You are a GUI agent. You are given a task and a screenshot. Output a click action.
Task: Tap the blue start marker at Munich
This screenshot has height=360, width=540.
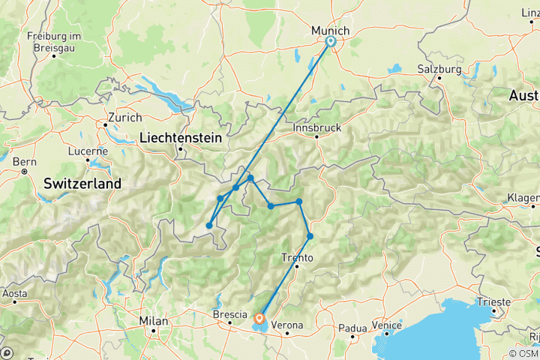click(x=330, y=41)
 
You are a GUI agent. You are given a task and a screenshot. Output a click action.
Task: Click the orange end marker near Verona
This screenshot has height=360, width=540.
click(x=259, y=318)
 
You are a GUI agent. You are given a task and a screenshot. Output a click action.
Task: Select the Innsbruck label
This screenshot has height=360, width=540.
click(x=318, y=127)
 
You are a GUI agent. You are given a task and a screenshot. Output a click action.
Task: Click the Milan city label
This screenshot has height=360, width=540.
click(x=152, y=321)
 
